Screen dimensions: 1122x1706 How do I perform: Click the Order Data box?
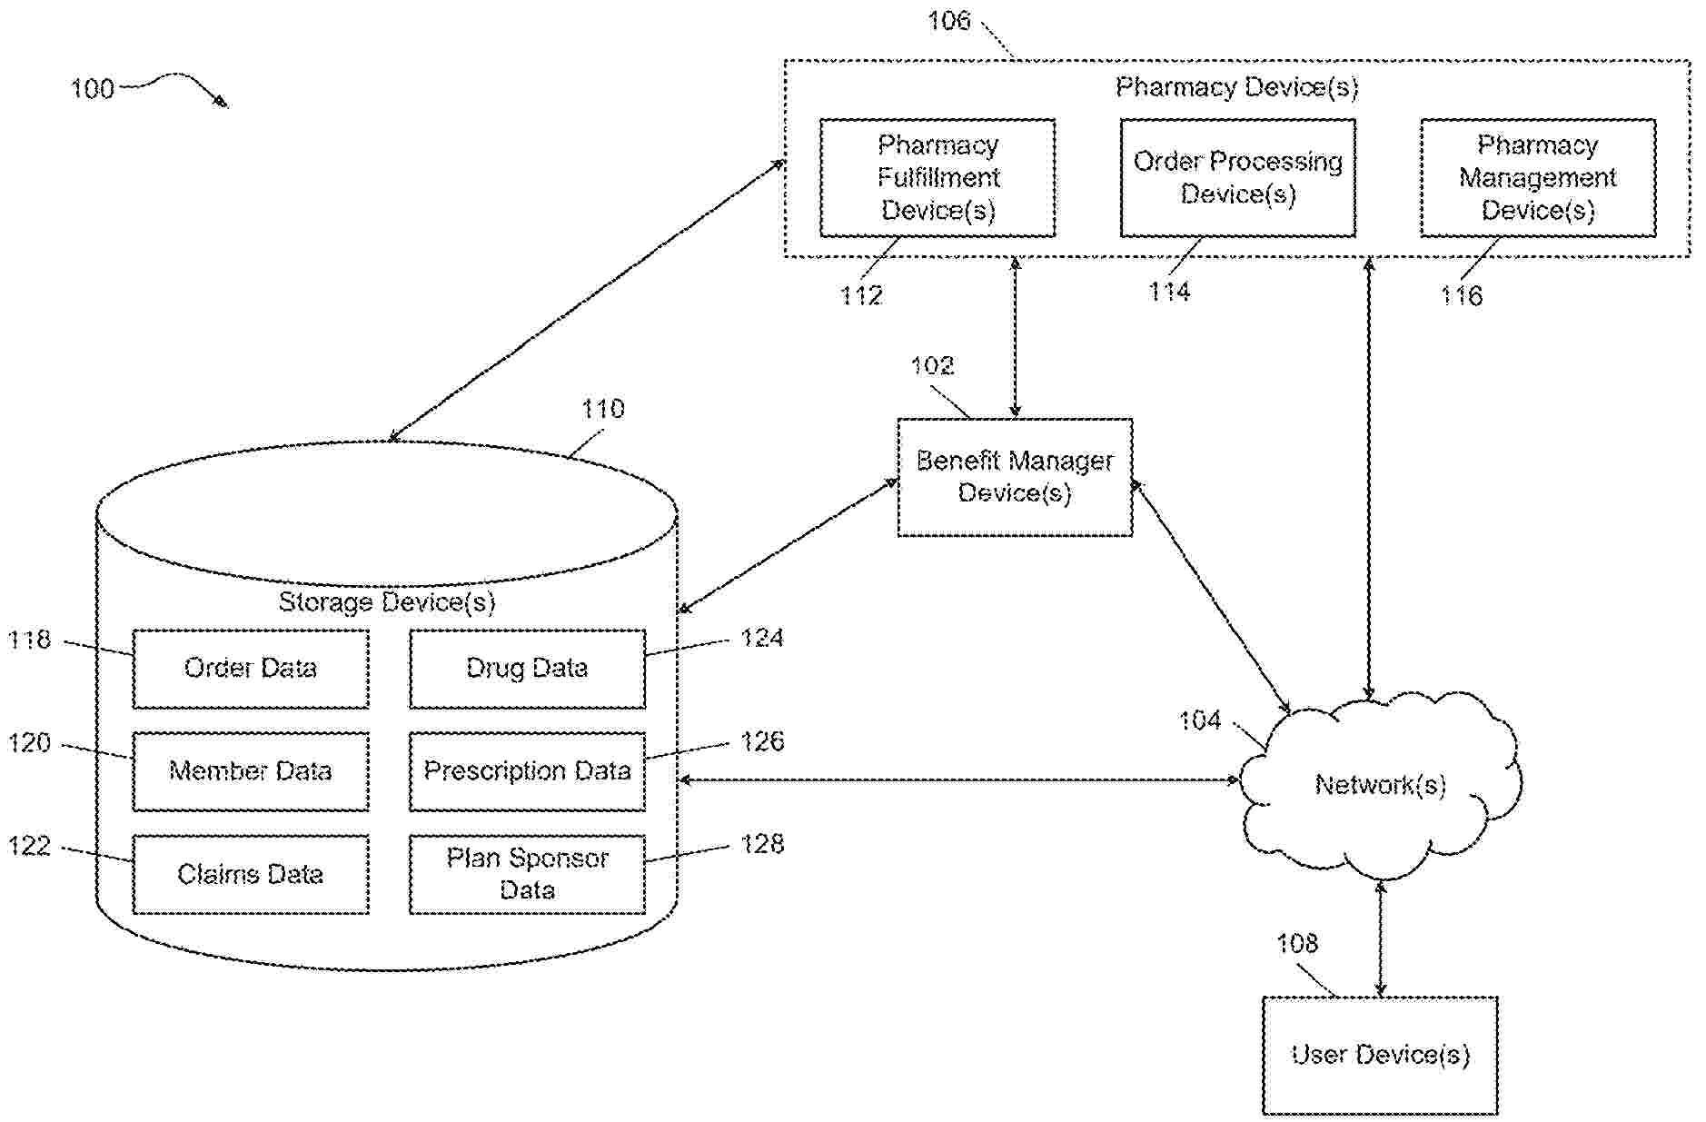tap(251, 669)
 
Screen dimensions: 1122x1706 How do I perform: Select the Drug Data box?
tap(527, 669)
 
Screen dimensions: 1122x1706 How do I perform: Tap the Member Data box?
tap(251, 771)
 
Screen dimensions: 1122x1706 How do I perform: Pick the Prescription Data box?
tap(527, 771)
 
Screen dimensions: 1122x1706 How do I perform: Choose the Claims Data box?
tap(251, 874)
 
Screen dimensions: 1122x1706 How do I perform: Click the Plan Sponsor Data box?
tap(527, 874)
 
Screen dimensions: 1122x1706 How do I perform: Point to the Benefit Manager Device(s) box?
tap(1015, 477)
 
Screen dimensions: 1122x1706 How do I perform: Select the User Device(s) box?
tap(1380, 1055)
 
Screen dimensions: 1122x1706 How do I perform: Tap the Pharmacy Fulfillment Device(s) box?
tap(937, 178)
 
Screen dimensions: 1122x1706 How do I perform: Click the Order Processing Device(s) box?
tap(1237, 178)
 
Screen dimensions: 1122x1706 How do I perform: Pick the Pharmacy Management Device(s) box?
tap(1537, 178)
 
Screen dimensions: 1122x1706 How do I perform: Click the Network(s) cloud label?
tap(1380, 785)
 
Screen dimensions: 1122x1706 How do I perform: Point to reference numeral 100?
tap(93, 89)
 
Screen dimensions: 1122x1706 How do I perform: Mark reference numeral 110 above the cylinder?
tap(603, 409)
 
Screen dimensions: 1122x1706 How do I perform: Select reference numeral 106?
tap(948, 21)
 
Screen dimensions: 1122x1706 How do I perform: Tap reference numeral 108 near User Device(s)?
tap(1297, 944)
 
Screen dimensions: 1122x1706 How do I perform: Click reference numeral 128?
tap(762, 844)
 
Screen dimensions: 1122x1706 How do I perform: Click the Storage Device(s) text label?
tap(387, 602)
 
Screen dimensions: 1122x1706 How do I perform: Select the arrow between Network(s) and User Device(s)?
tap(1381, 938)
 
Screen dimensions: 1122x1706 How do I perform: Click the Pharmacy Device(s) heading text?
tap(1236, 87)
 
